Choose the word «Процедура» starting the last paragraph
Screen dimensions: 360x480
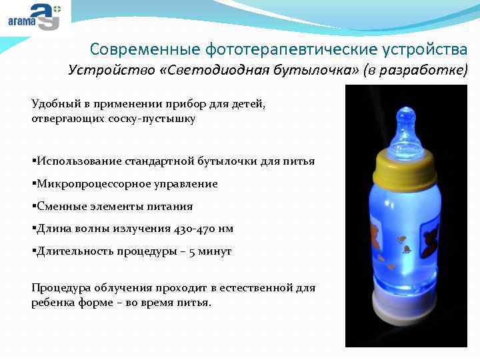pos(59,287)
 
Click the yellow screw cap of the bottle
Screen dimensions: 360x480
pos(406,169)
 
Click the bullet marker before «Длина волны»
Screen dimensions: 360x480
pos(33,229)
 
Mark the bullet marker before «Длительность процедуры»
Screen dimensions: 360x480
pos(33,251)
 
